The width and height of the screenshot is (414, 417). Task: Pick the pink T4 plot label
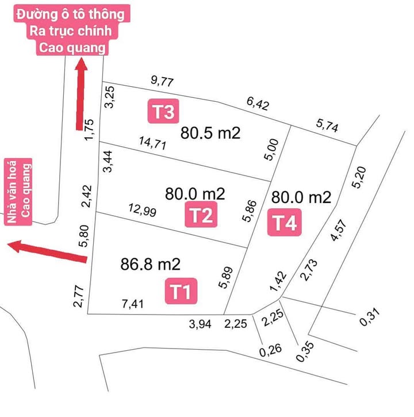[284, 223]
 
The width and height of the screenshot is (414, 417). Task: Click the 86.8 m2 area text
[151, 265]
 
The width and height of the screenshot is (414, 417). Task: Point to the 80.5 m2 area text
[210, 133]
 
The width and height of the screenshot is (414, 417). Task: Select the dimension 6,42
[258, 104]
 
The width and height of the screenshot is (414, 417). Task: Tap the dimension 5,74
[327, 124]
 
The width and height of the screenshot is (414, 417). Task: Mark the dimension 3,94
[200, 324]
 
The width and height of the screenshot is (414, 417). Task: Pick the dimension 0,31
[371, 317]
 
